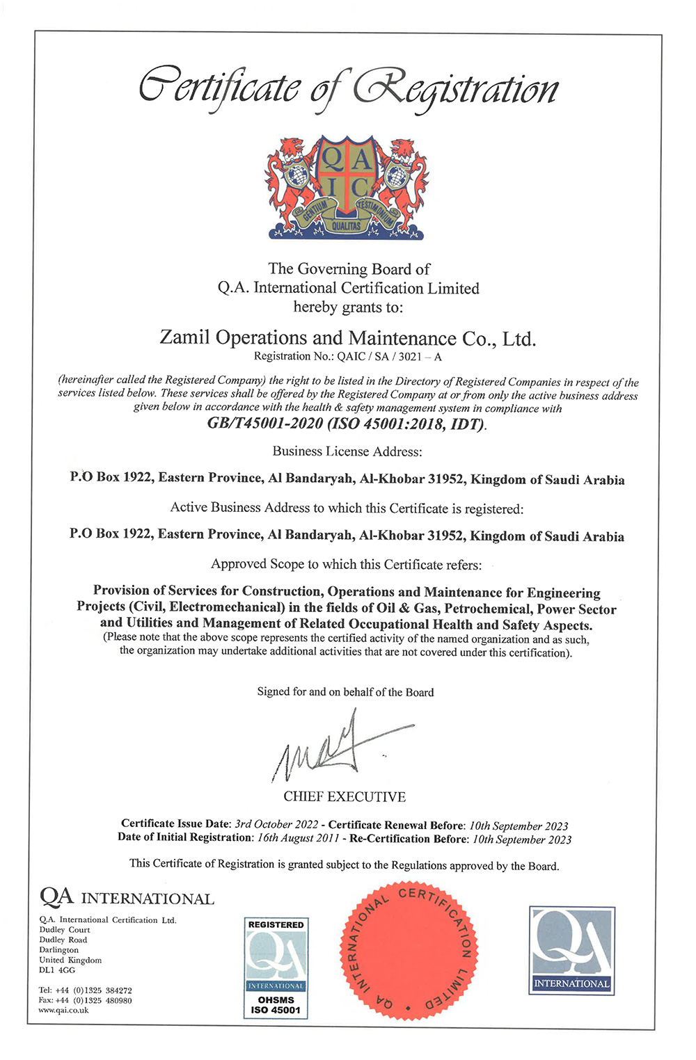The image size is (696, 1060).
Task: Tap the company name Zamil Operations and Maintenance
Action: (x=347, y=338)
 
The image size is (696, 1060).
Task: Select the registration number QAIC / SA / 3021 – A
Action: (x=389, y=357)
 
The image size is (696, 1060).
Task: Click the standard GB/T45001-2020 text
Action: (x=264, y=424)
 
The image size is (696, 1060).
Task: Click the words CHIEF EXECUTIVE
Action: (x=344, y=796)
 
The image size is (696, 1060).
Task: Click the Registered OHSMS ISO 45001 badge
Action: (x=276, y=967)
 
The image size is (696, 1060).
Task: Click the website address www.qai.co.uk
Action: (x=63, y=1010)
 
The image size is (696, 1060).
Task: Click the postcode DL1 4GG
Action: (x=57, y=970)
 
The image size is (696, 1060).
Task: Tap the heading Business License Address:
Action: (x=347, y=451)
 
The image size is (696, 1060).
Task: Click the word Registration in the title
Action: (x=456, y=90)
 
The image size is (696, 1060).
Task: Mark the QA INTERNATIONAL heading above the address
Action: (x=127, y=898)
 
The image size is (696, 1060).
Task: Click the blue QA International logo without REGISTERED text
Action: (x=571, y=950)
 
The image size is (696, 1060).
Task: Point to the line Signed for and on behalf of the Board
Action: (x=345, y=692)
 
